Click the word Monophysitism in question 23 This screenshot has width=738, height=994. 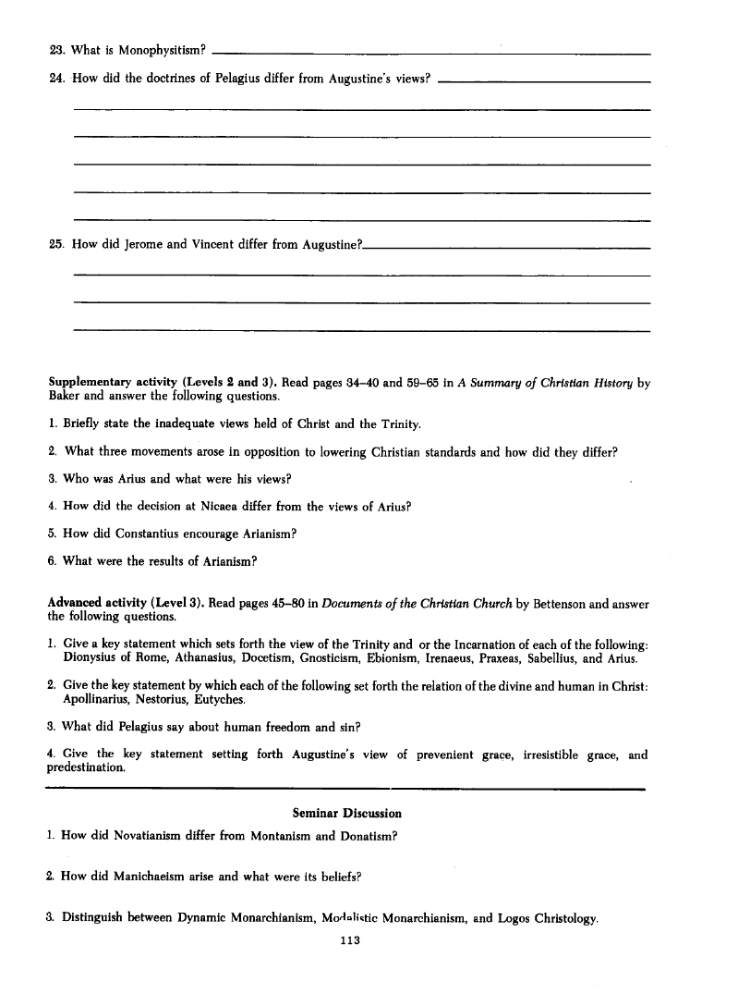160,49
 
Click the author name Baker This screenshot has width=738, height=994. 65,397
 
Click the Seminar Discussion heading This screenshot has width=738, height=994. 346,814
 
